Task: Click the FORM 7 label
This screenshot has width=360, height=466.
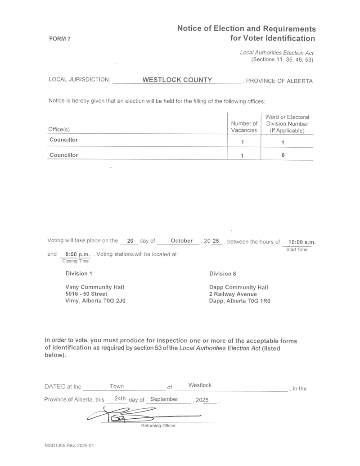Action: pos(60,39)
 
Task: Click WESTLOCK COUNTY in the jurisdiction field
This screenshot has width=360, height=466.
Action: pos(177,80)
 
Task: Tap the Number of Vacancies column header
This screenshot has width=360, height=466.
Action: pos(244,127)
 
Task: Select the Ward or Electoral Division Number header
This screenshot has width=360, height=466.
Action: pos(287,124)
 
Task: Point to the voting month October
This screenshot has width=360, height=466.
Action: pos(181,241)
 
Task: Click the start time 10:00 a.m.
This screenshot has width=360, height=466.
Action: pos(302,242)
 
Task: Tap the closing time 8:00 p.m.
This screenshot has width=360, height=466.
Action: pos(78,254)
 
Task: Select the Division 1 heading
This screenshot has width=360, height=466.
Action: pos(80,273)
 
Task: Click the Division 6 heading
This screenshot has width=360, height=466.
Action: pos(223,274)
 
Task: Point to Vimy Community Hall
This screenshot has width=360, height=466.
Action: pos(95,287)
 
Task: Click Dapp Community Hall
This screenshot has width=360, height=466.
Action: pos(238,287)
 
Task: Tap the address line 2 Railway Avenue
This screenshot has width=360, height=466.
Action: pos(233,294)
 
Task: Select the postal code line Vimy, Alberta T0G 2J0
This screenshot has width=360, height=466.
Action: pos(95,301)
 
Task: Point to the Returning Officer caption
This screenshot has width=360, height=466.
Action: pos(158,425)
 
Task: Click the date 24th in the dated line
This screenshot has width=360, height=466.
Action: pos(120,399)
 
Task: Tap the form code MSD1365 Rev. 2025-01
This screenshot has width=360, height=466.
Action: pos(69,446)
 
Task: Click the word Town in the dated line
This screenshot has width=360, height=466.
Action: pos(117,386)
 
